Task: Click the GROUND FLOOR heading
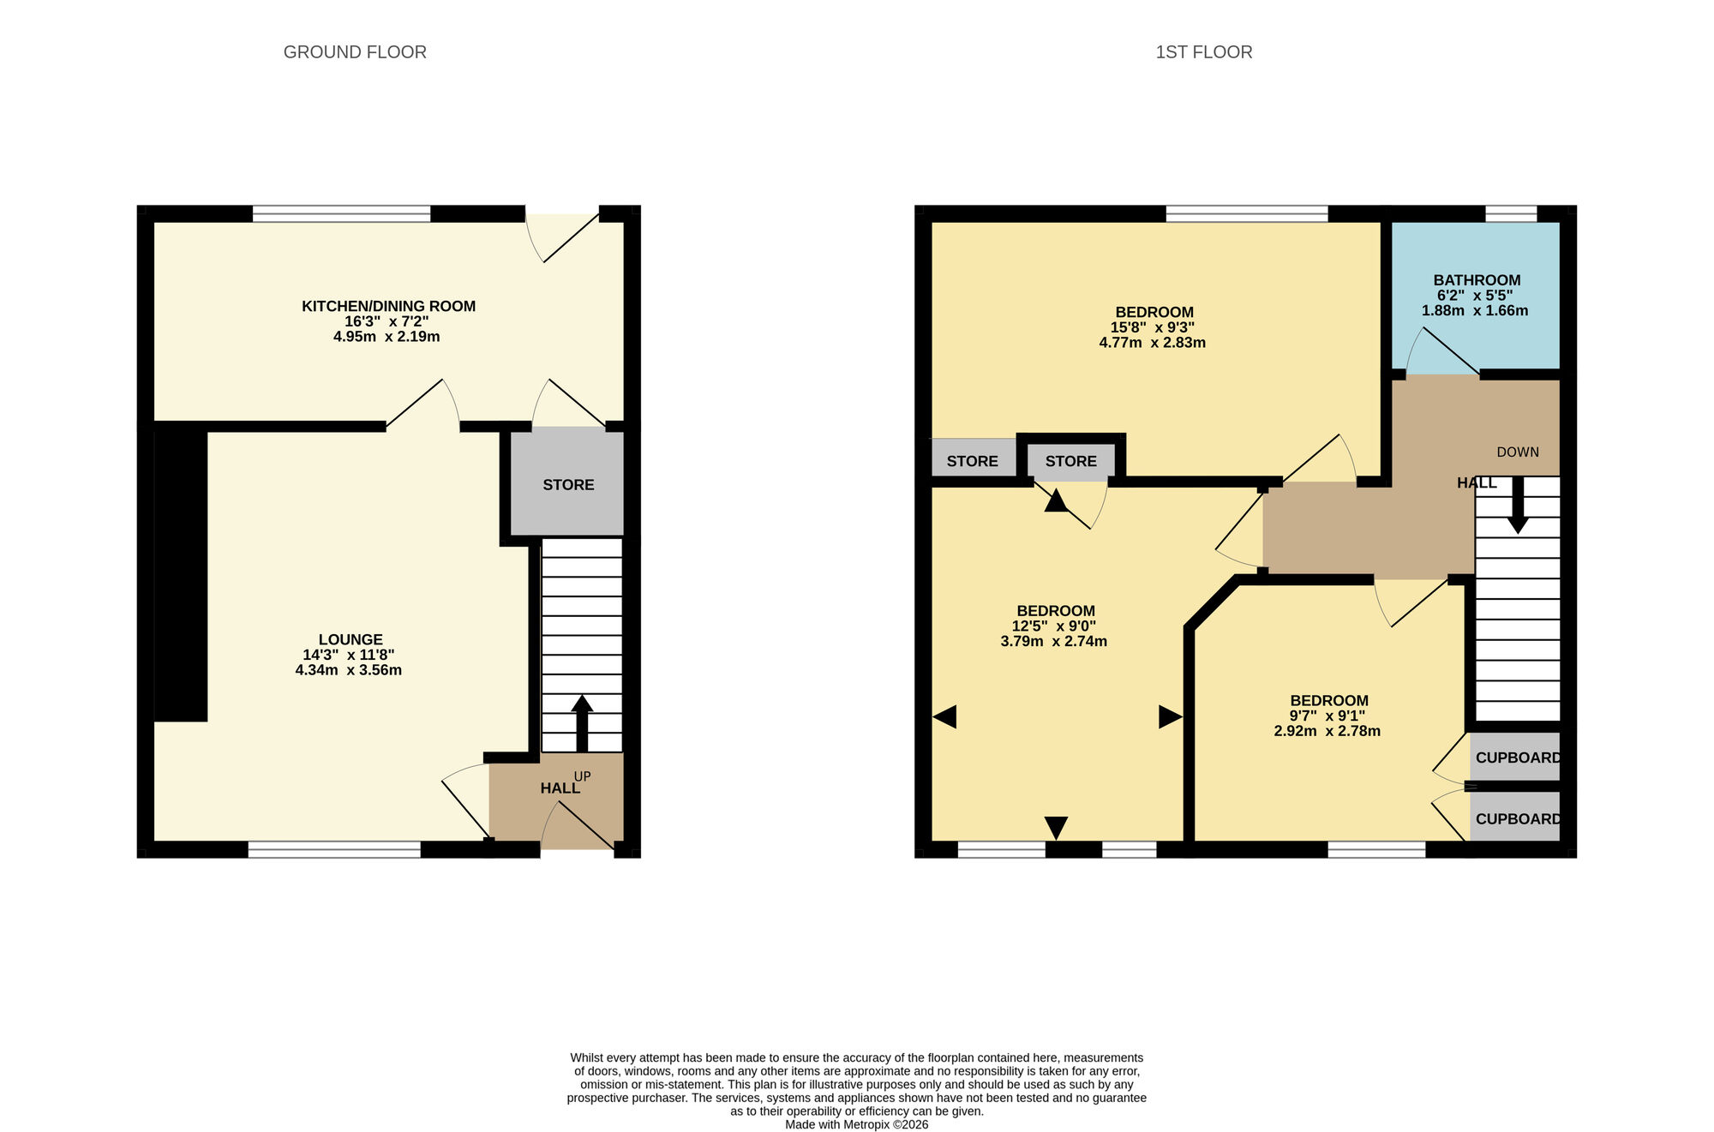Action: click(x=355, y=52)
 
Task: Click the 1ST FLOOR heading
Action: click(x=1203, y=52)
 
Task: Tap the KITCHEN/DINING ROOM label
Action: click(x=388, y=306)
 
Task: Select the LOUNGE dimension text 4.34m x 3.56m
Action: click(x=348, y=670)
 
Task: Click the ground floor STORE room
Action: click(x=567, y=484)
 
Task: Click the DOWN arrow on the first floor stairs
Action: click(x=1517, y=506)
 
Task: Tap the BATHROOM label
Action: click(x=1477, y=280)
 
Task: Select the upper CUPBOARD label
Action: click(x=1517, y=758)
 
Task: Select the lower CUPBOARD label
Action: click(x=1517, y=818)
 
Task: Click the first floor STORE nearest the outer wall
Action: click(x=972, y=461)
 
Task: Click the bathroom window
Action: click(x=1510, y=213)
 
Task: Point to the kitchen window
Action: click(x=341, y=213)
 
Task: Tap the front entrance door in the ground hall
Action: click(x=578, y=827)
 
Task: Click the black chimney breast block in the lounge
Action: click(x=181, y=574)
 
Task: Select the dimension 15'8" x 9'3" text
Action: click(x=1152, y=327)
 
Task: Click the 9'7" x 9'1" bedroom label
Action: click(x=1328, y=700)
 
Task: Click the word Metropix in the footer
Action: click(x=866, y=1124)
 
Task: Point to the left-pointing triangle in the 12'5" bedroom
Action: click(x=944, y=717)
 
